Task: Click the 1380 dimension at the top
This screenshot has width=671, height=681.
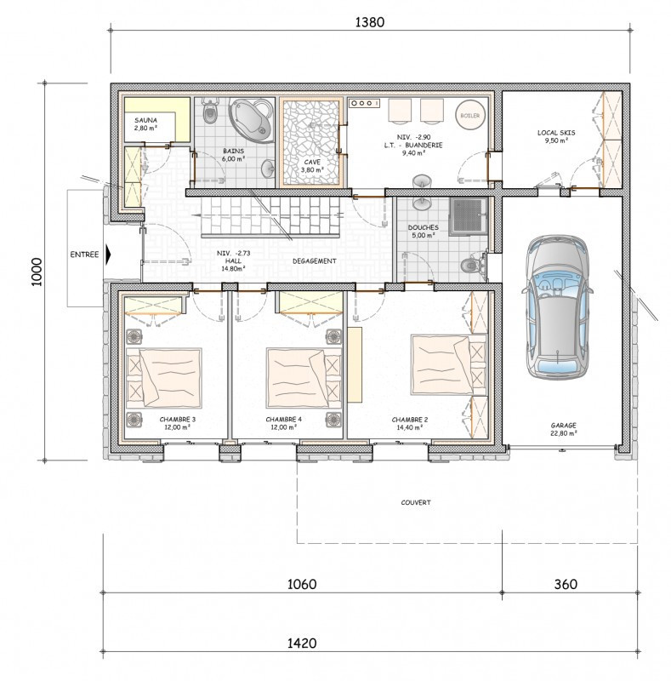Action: point(370,22)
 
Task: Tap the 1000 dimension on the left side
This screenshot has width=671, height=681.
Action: point(37,272)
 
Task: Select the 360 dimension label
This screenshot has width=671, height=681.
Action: point(566,584)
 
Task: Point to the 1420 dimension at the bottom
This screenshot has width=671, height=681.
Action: point(302,643)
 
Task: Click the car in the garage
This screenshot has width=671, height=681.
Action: point(557,307)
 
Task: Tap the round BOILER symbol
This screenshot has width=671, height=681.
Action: point(470,116)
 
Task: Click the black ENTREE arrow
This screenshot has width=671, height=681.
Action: point(109,254)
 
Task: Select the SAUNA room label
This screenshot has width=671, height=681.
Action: point(145,120)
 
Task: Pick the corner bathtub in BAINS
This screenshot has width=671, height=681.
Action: point(252,119)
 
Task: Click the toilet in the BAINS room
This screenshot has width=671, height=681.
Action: point(211,112)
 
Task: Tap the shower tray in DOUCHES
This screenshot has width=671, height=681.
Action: point(468,216)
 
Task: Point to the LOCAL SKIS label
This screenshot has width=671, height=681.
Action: point(556,133)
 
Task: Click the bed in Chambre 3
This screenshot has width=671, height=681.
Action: point(164,378)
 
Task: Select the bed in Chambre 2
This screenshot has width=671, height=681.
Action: point(449,365)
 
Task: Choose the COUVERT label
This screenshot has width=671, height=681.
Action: point(416,502)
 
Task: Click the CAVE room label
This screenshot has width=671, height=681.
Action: point(312,162)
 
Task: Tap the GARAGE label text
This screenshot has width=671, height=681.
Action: point(563,426)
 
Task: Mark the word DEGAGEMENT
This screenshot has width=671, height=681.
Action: point(314,261)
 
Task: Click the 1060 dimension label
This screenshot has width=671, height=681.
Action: point(302,584)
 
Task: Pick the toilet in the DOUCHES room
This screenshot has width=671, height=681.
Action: point(473,264)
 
